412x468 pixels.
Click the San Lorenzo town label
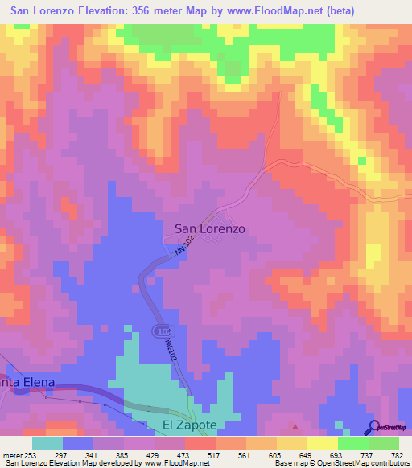pyautogui.click(x=210, y=228)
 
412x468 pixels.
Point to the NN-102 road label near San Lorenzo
pyautogui.click(x=184, y=244)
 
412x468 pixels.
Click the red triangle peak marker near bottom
pyautogui.click(x=295, y=427)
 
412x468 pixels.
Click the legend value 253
pyautogui.click(x=31, y=454)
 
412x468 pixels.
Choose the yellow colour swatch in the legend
pyautogui.click(x=322, y=443)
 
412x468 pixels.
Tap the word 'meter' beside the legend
pyautogui.click(x=10, y=454)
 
